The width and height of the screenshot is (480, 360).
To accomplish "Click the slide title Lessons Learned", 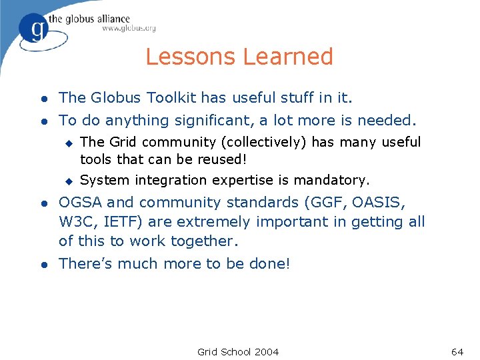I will pyautogui.click(x=239, y=57).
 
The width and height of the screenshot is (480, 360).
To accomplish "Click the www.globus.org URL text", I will pyautogui.click(x=129, y=29).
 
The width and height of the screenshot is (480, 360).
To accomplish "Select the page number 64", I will pyautogui.click(x=457, y=351).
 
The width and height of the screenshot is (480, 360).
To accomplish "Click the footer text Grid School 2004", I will pyautogui.click(x=238, y=351).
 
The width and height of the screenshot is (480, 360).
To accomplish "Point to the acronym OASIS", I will pyautogui.click(x=384, y=202).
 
